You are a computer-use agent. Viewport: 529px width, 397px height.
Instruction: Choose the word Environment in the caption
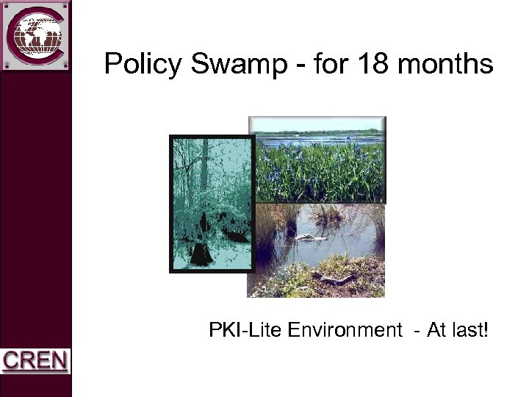(x=345, y=331)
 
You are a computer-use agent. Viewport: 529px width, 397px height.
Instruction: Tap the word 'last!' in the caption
(x=467, y=331)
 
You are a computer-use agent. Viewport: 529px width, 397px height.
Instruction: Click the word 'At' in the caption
(x=436, y=331)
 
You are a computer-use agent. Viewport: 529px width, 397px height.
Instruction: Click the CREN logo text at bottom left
(x=35, y=361)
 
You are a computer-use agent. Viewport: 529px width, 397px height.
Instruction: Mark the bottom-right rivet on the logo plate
(x=65, y=65)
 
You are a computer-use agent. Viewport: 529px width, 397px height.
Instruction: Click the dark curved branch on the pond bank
(x=334, y=278)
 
